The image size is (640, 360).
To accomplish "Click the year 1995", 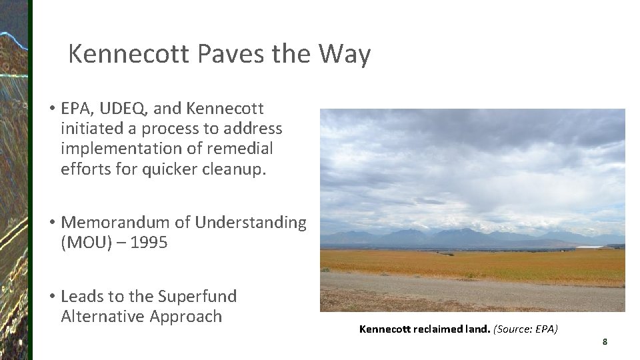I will point(149,243).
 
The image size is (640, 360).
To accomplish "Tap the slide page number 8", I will point(605,342).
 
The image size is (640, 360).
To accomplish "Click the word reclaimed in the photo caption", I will point(440,329).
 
